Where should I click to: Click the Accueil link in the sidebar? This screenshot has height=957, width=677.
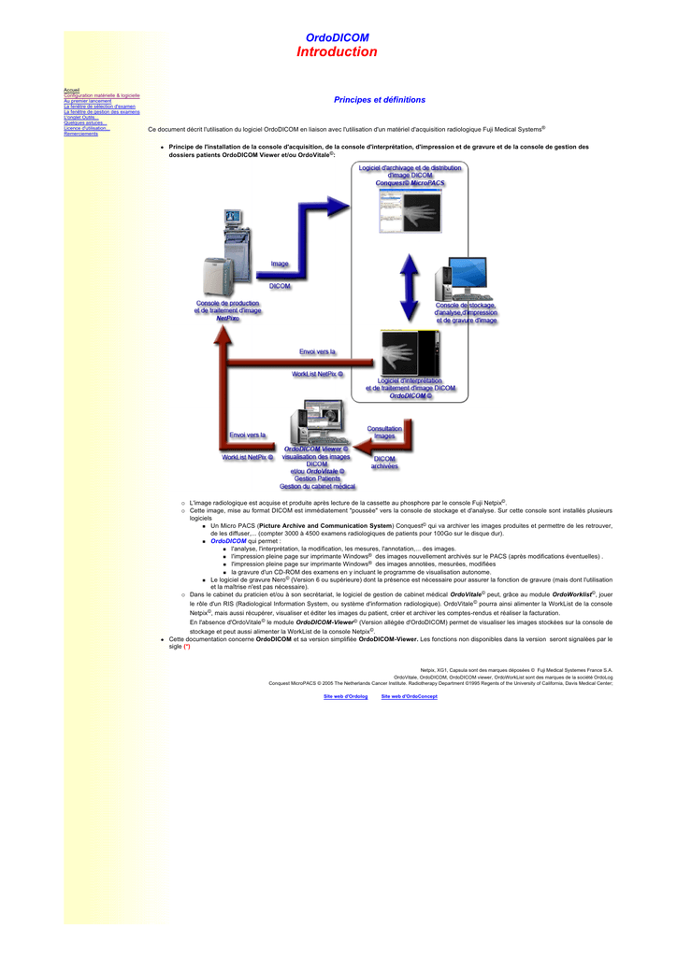(71, 90)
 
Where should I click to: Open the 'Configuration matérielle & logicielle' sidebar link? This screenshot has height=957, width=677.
(101, 95)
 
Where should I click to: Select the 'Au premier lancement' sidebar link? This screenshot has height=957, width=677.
(87, 101)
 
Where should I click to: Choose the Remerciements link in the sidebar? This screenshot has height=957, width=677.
(80, 134)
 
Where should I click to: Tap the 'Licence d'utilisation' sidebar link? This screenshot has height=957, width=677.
(86, 128)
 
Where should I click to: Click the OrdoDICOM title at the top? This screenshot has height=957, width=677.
(337, 37)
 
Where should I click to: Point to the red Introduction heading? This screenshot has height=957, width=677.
(337, 52)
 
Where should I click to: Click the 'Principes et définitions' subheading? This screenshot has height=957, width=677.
(379, 100)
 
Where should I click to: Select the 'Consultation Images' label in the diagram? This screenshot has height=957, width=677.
(384, 433)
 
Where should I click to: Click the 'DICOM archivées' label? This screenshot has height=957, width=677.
(384, 463)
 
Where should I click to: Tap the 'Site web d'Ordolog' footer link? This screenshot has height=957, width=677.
(345, 696)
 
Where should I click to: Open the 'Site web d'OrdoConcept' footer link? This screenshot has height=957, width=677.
(409, 696)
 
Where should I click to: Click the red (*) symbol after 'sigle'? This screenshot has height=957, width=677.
(187, 646)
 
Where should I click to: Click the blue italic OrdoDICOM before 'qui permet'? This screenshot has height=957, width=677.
(228, 540)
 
